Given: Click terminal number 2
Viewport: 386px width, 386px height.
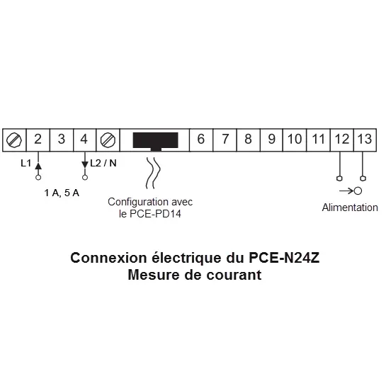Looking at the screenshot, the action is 38,140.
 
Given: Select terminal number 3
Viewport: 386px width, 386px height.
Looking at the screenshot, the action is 62,140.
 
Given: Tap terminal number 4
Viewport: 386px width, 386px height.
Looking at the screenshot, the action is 84,140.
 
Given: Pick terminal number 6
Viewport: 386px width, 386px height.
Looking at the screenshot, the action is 201,139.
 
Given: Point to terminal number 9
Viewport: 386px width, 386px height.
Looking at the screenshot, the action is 271,139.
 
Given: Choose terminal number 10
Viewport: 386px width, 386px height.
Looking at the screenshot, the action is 295,139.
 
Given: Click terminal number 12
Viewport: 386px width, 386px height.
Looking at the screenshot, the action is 342,139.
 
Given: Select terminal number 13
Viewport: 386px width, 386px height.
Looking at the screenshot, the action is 365,139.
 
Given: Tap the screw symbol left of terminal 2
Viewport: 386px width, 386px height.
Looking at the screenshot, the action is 14,140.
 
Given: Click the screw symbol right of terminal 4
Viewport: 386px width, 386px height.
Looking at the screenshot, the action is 108,140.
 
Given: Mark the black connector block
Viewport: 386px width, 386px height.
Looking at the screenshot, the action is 155,142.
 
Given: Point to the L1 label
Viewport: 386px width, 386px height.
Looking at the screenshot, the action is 25,163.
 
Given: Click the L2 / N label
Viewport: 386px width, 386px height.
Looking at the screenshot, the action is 103,163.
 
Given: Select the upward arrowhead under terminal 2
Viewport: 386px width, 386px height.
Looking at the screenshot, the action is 38,166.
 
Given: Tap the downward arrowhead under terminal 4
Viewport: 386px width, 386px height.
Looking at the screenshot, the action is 85,164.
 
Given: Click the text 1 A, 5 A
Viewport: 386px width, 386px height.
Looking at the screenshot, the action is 62,193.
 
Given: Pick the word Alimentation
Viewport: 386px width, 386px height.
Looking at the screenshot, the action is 350,208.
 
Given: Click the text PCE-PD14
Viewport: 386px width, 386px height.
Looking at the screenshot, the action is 155,214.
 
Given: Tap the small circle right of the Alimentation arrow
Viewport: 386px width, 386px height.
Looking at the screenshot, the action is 358,191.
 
